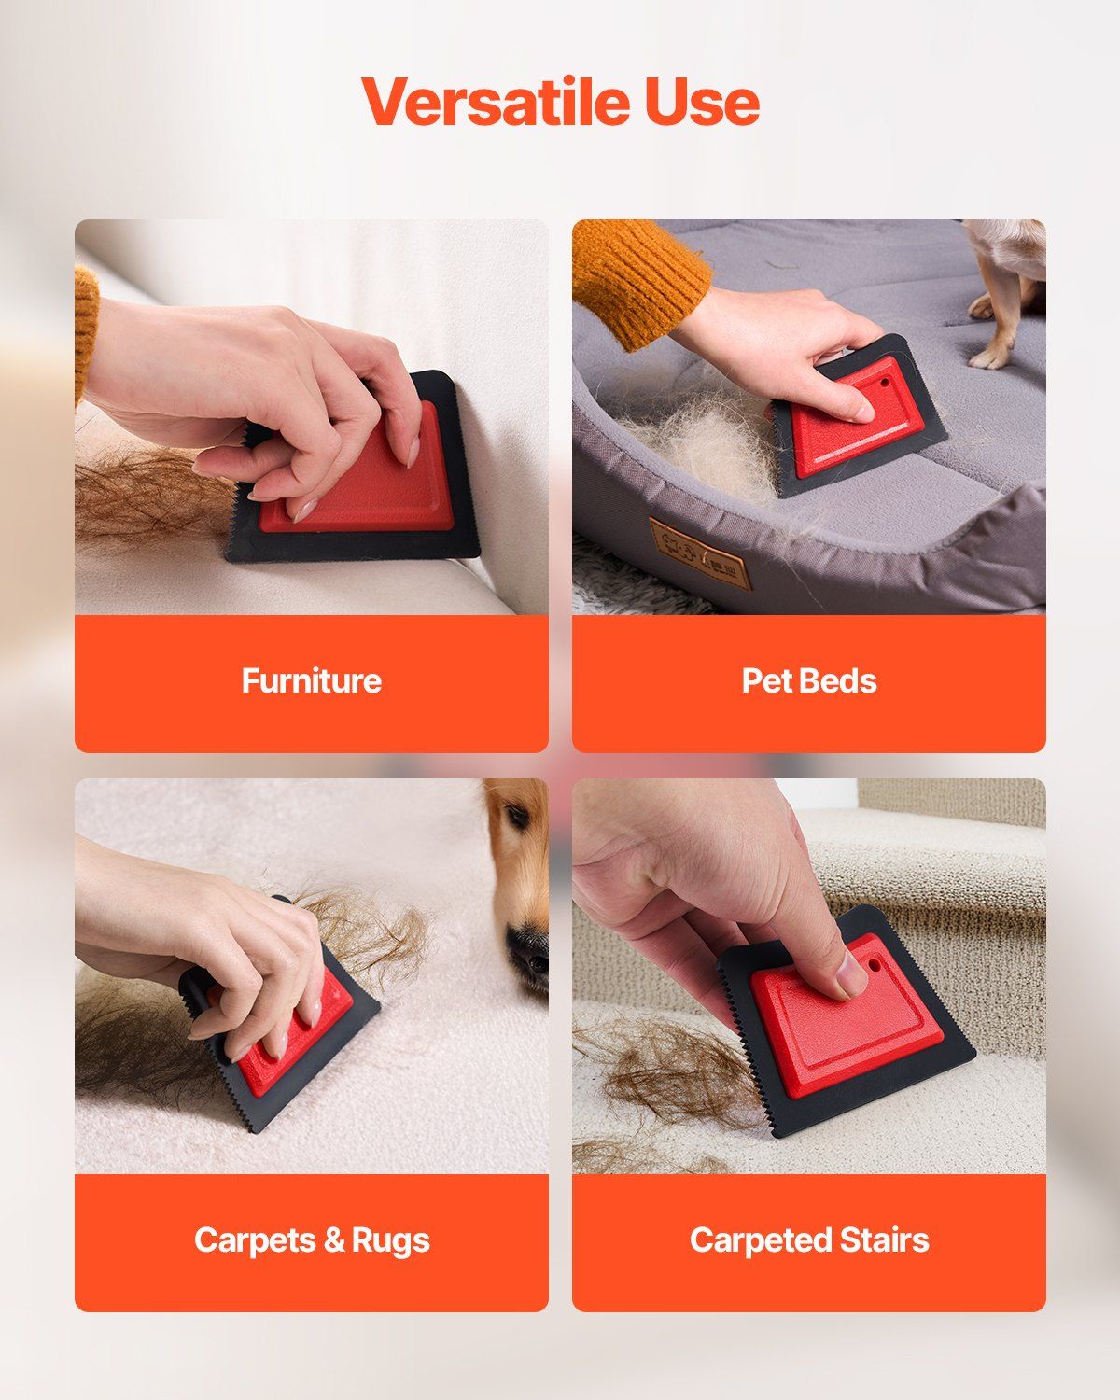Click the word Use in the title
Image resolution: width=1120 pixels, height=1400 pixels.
701,102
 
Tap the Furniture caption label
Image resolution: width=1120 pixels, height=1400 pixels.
311,680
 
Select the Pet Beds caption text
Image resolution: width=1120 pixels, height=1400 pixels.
808,680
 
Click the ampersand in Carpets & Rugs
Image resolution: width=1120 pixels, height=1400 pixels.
334,1239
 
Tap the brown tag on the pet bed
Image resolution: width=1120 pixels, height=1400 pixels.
699,554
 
